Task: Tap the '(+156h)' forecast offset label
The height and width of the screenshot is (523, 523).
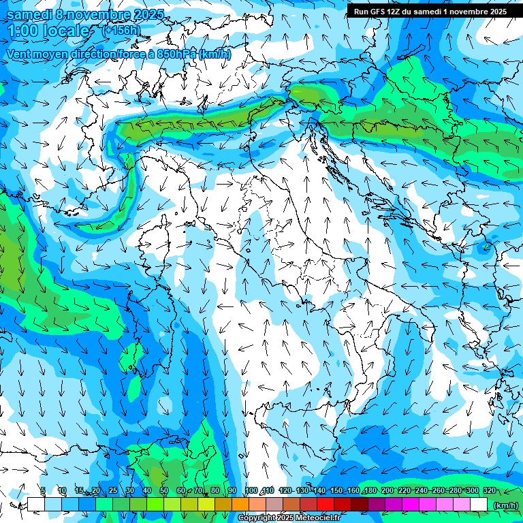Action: pyautogui.click(x=121, y=30)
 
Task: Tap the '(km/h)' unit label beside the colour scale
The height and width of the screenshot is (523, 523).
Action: pyautogui.click(x=505, y=505)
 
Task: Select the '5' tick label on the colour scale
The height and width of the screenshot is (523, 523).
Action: pyautogui.click(x=43, y=491)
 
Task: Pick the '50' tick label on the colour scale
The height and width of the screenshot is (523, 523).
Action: pyautogui.click(x=164, y=491)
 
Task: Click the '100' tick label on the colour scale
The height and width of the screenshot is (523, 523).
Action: pyautogui.click(x=251, y=491)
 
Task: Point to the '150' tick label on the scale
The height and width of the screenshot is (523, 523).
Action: pyautogui.click(x=336, y=491)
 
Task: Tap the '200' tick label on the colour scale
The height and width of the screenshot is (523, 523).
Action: pyautogui.click(x=387, y=491)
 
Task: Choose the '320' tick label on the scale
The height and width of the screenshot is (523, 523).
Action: pyautogui.click(x=489, y=491)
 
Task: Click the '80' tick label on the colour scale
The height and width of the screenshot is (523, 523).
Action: pyautogui.click(x=215, y=491)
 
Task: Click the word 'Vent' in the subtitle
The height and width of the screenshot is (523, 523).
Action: pyautogui.click(x=19, y=54)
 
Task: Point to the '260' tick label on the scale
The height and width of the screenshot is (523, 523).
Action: pyautogui.click(x=438, y=491)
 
